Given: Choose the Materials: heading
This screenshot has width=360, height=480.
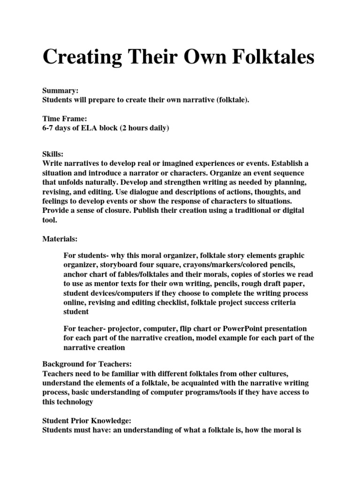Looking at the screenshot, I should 60,239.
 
